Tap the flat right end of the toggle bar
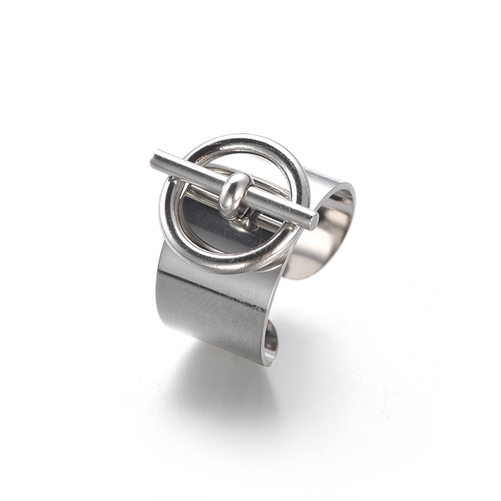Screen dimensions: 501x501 point(314,221)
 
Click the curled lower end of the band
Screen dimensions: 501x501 point(271,341)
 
